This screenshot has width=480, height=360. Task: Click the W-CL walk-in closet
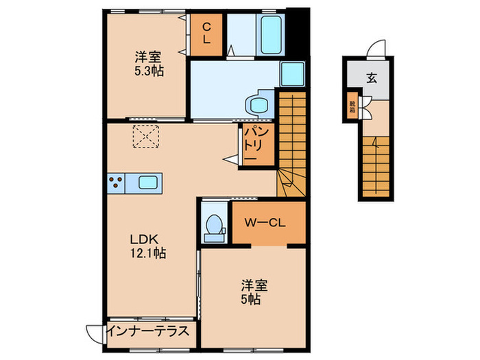pyautogui.click(x=266, y=223)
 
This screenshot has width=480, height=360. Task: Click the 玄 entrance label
pyautogui.click(x=371, y=77)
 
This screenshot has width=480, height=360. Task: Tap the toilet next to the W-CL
pyautogui.click(x=214, y=225)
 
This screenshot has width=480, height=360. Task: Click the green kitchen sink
pyautogui.click(x=149, y=182)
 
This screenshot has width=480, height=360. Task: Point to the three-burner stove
pyautogui.click(x=116, y=182)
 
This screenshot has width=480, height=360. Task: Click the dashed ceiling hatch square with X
pyautogui.click(x=145, y=136)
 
